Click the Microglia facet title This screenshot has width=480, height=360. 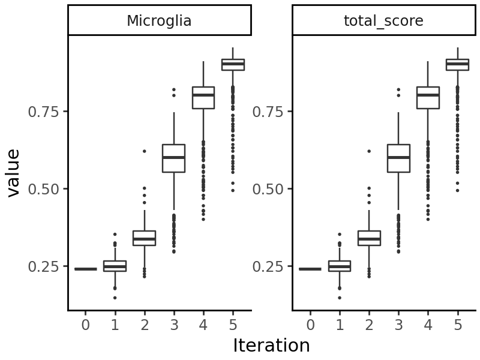click(159, 21)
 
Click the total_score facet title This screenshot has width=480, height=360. click(383, 21)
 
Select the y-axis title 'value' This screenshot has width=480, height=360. click(13, 173)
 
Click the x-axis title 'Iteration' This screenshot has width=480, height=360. click(271, 346)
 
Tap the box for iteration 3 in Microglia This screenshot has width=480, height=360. click(173, 158)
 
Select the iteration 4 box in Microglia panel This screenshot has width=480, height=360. click(203, 98)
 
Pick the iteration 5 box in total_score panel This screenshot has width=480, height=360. click(457, 64)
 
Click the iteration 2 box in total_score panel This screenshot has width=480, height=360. click(369, 238)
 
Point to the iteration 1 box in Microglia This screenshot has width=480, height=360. click(115, 266)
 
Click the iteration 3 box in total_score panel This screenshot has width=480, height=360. click(398, 158)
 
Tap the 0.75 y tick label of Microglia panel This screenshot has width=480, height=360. click(44, 112)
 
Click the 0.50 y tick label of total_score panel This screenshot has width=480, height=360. click(269, 189)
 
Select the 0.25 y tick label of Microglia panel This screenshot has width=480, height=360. click(44, 266)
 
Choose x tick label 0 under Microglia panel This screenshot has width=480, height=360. click(85, 325)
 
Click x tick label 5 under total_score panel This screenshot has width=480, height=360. click(458, 325)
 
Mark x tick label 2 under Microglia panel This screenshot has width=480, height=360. click(144, 325)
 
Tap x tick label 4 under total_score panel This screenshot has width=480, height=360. click(428, 325)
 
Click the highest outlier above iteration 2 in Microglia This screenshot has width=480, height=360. click(144, 151)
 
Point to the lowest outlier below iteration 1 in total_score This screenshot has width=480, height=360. click(340, 298)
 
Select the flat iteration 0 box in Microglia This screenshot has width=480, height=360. click(85, 269)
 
